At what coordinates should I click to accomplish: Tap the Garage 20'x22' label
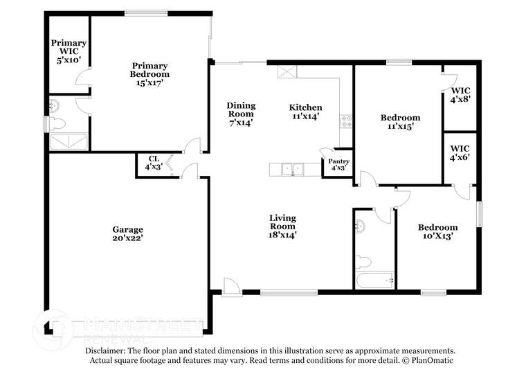click(128, 234)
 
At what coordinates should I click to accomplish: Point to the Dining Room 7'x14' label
click(241, 114)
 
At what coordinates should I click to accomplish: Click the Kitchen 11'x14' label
click(305, 112)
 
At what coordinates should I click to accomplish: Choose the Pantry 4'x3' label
click(339, 165)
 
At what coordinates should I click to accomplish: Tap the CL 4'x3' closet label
click(153, 162)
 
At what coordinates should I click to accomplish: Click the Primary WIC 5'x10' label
click(69, 51)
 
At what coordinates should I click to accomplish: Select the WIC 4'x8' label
click(460, 95)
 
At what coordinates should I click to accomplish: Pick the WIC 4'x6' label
click(460, 152)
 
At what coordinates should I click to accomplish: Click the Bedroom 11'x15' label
click(400, 122)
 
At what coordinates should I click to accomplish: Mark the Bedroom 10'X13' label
click(437, 231)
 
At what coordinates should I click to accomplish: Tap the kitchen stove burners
click(346, 122)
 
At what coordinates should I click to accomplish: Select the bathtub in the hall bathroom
click(374, 281)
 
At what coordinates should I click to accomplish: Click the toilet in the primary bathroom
click(57, 124)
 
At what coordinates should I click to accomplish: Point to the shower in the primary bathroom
click(69, 143)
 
